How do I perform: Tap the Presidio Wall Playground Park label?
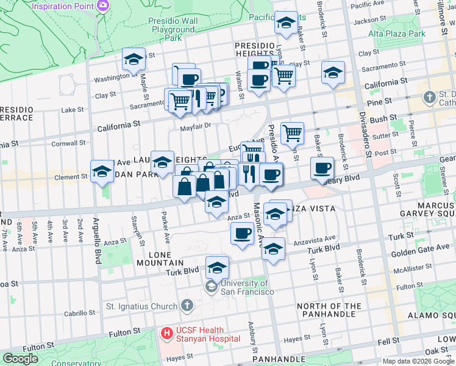coord(173,29)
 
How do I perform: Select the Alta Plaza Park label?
coord(400,34)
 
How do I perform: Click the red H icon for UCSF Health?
coord(166,333)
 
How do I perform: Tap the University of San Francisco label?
coord(246,287)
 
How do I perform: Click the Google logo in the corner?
coord(20,359)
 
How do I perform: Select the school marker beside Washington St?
coord(134,60)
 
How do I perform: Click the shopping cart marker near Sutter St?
coord(293,132)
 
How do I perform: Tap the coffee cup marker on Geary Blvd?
coord(321,168)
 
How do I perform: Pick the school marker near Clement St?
coord(102,171)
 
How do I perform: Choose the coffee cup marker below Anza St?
coord(242,233)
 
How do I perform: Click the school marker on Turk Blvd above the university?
coord(216,267)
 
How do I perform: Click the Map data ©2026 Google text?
coord(418,361)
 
